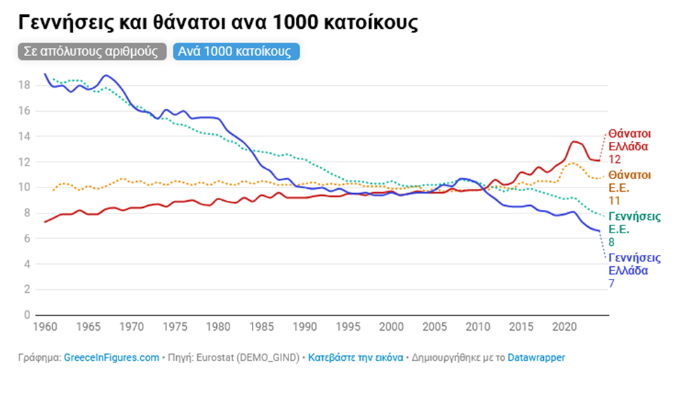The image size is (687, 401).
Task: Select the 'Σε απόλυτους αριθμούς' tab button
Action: coord(92,52)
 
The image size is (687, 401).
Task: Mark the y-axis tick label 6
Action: coord(26,238)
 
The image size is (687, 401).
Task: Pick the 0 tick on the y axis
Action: coord(26,315)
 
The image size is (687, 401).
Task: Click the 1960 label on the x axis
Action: coord(45,327)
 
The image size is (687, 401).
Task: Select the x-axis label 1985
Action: coord(261,327)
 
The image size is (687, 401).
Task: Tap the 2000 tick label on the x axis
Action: coord(391,327)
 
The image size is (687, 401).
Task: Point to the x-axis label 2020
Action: coord(563,327)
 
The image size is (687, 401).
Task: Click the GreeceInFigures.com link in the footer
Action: coord(112,357)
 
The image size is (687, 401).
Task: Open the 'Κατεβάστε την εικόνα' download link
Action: coord(356,357)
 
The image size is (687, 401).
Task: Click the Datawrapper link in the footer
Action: coord(537,357)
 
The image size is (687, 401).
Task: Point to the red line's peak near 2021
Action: coord(574,142)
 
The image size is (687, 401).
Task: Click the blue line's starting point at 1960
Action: coord(45,74)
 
